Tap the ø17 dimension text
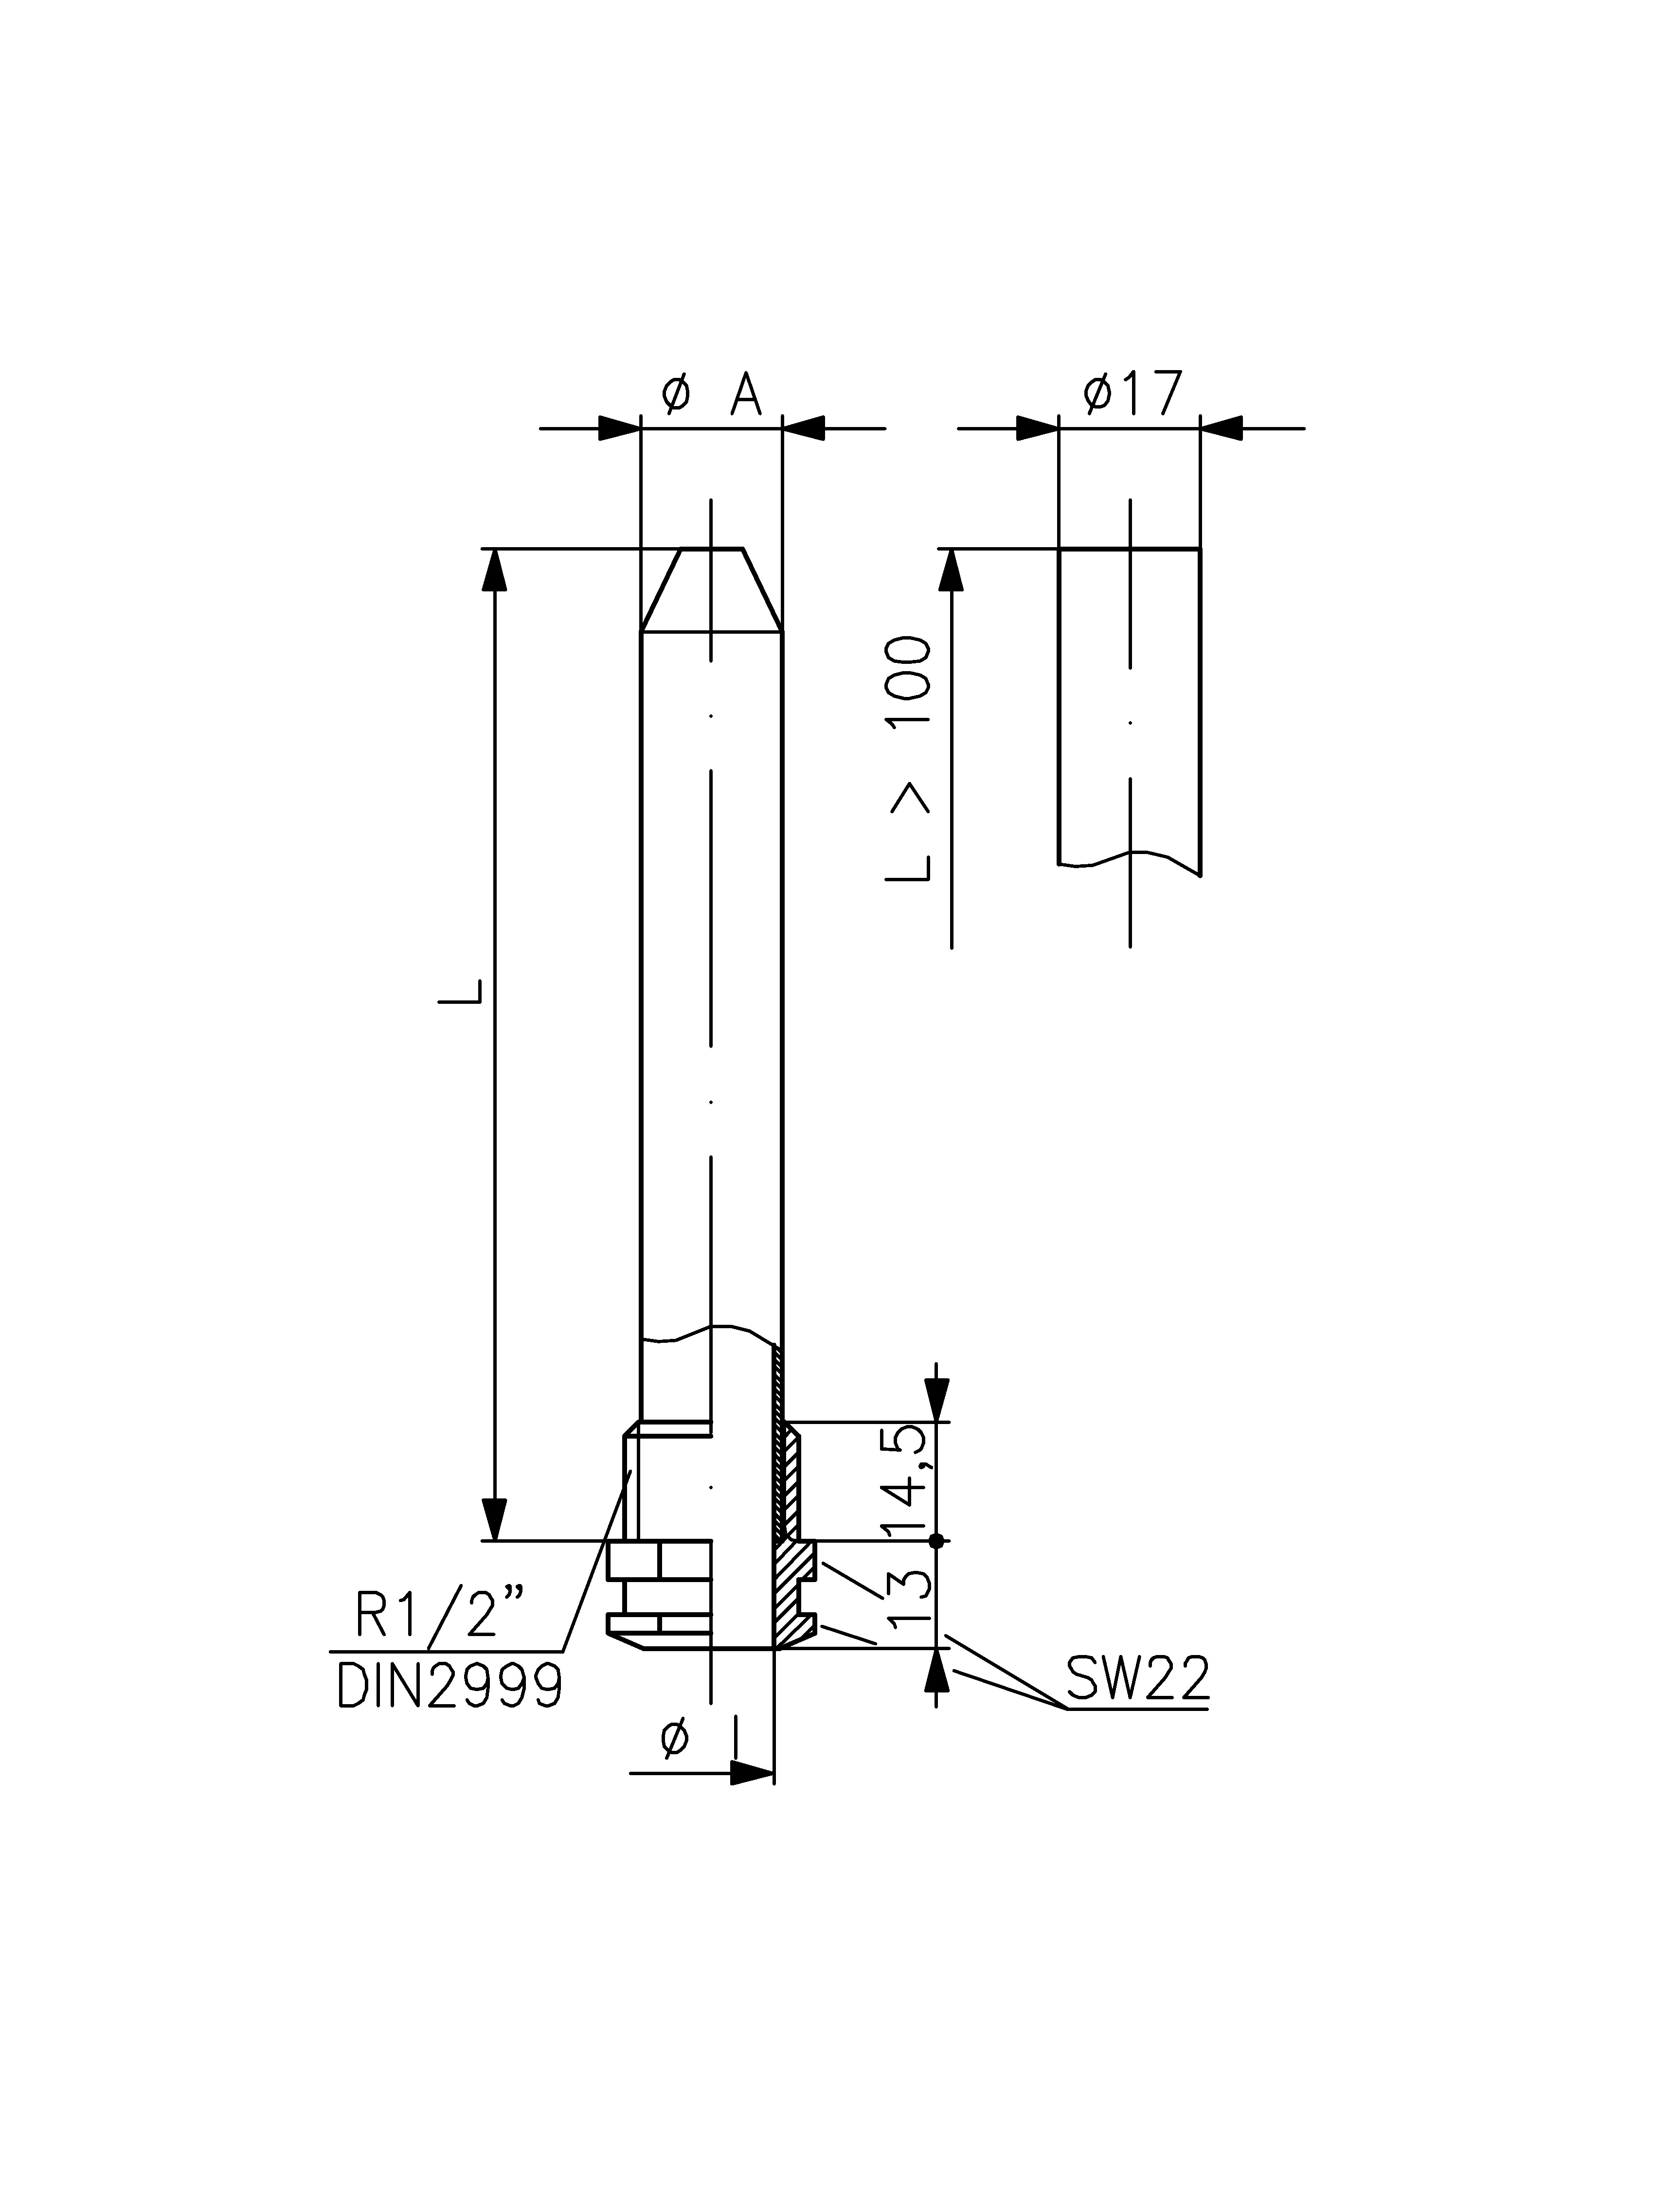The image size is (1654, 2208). tap(1132, 393)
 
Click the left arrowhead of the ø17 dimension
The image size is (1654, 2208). tap(1037, 428)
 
